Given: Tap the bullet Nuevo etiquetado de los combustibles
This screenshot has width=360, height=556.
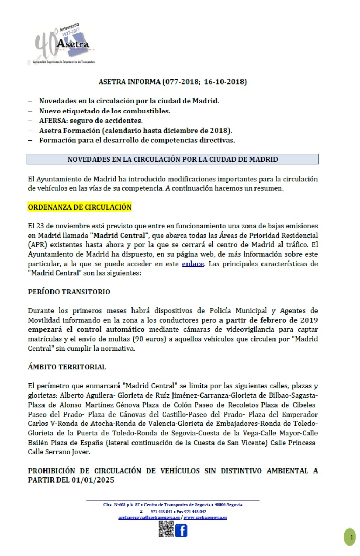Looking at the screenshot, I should pyautogui.click(x=104, y=110).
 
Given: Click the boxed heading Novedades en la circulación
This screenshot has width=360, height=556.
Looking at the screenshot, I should pyautogui.click(x=173, y=159).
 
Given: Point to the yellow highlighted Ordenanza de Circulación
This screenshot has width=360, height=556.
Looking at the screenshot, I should pyautogui.click(x=80, y=207).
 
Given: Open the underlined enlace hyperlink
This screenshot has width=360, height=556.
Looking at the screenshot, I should pyautogui.click(x=193, y=264).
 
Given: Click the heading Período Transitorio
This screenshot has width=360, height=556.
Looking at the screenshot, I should pyautogui.click(x=69, y=292).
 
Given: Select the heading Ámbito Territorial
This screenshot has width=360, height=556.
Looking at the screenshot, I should pyautogui.click(x=67, y=367).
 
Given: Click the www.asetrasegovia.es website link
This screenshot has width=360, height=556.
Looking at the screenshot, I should pyautogui.click(x=205, y=518).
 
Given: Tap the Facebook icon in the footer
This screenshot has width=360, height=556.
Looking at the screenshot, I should pyautogui.click(x=181, y=530).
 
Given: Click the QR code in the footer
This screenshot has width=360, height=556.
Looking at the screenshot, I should pyautogui.click(x=166, y=529).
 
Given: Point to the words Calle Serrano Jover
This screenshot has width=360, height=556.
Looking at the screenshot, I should pyautogui.click(x=58, y=452).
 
